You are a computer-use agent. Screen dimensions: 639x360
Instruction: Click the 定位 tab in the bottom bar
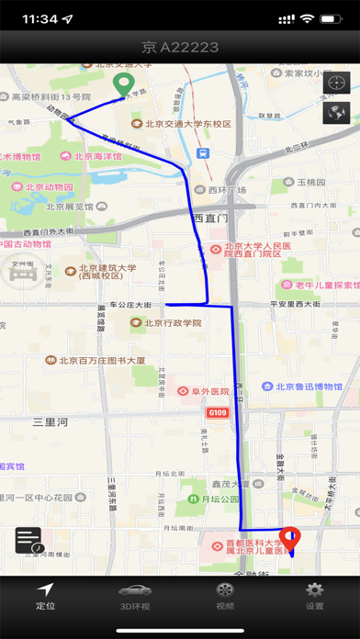pos(45,596)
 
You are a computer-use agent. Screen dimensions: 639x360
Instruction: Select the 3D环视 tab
pos(134,596)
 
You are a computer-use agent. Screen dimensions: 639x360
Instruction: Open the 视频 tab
pos(224,596)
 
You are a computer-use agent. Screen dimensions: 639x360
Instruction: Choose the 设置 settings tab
pos(314,596)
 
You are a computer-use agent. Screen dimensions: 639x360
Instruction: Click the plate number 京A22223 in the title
pos(180,47)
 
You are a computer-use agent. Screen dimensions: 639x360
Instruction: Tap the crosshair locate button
pos(337,84)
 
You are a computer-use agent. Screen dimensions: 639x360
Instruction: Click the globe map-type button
pos(337,113)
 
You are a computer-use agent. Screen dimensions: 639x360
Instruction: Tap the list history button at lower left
pos(28,541)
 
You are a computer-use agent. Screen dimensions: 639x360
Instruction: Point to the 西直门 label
pos(210,218)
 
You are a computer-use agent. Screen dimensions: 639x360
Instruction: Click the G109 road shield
pos(217,413)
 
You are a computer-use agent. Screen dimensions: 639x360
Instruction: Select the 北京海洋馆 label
pos(90,157)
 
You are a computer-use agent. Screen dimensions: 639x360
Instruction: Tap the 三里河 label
pos(51,422)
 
